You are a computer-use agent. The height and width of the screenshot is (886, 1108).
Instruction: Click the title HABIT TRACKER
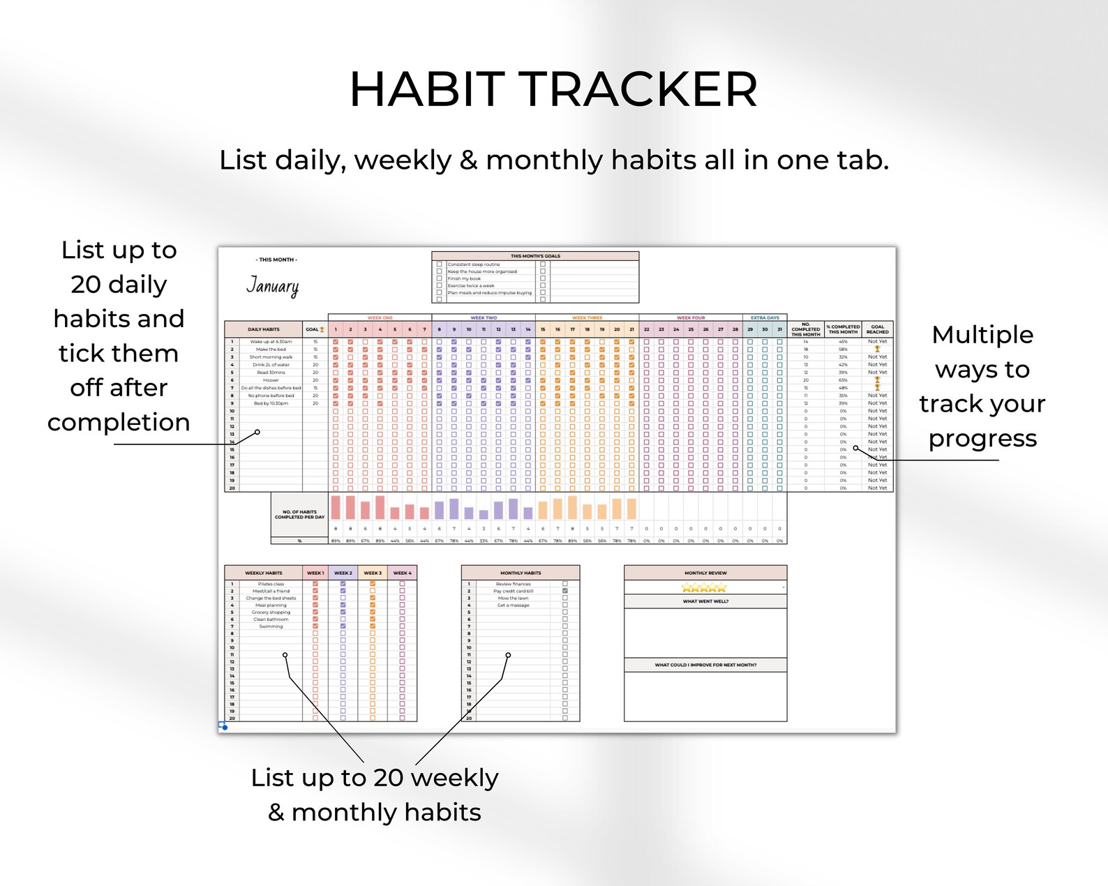[553, 90]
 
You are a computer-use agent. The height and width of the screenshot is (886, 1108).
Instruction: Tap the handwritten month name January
[272, 286]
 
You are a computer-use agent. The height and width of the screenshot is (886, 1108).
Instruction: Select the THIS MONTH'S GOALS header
[535, 256]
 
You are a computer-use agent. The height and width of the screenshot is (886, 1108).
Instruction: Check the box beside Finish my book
[440, 278]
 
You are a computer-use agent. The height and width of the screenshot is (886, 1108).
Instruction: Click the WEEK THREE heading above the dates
[587, 317]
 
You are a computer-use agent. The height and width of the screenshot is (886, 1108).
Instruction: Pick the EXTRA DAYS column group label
[765, 317]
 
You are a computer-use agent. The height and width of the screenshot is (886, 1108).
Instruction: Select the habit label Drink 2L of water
[271, 365]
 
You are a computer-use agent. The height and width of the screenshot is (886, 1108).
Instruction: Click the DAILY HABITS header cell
[263, 329]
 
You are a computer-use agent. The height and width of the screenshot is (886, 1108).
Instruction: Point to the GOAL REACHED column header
[877, 329]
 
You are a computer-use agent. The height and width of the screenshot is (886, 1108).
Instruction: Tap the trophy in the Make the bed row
[877, 349]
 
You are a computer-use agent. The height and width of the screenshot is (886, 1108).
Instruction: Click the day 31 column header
[779, 329]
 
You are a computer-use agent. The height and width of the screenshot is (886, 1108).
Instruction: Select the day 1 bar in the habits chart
[336, 507]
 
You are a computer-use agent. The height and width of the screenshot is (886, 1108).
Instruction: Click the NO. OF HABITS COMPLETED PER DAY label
[299, 515]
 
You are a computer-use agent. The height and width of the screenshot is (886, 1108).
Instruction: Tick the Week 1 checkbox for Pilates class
[315, 584]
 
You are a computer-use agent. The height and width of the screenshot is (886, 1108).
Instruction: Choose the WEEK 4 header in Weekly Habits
[402, 573]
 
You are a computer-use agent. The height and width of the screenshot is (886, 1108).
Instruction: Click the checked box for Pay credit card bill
[565, 591]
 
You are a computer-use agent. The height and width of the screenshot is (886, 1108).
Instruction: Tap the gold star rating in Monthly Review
[703, 588]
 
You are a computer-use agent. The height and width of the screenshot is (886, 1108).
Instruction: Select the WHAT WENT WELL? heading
[705, 601]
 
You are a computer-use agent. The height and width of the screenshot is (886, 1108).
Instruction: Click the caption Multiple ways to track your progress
[982, 386]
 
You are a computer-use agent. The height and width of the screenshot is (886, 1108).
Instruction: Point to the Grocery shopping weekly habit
[271, 613]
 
